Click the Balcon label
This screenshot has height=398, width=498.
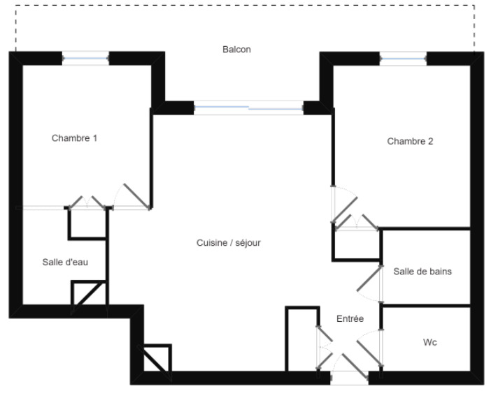point(236,50)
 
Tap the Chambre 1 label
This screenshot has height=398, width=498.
point(74,138)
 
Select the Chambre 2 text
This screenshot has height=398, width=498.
point(410,141)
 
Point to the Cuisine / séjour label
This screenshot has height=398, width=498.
point(229,243)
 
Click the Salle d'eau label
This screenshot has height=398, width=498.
point(65,263)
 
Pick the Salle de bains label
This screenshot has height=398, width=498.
point(422,272)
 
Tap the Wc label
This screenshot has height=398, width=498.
point(430,343)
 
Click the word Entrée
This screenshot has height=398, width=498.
point(350,318)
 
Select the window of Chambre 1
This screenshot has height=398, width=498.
point(85,59)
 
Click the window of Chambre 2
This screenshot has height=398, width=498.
point(403,59)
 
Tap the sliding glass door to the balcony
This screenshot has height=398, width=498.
point(249,108)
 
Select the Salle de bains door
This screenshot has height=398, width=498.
point(369,278)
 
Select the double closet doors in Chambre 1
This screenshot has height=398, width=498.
point(87,202)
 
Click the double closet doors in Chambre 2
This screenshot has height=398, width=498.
point(357,222)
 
